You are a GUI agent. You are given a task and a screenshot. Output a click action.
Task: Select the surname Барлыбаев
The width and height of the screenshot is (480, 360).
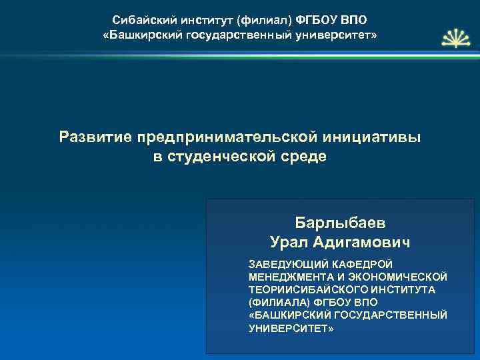340,222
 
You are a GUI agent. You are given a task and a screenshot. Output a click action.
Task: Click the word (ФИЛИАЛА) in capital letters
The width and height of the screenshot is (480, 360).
274,302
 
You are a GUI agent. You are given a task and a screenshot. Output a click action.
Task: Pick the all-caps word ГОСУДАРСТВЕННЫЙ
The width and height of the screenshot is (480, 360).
397,315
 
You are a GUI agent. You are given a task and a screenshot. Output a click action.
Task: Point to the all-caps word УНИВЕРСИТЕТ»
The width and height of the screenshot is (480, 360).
289,328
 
